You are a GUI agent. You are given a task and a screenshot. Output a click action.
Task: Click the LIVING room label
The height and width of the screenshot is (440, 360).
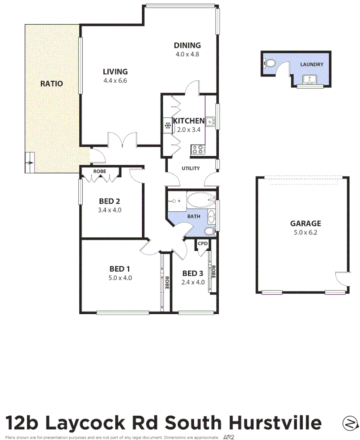115,72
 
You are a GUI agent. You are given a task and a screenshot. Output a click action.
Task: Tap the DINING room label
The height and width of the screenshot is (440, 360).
187,45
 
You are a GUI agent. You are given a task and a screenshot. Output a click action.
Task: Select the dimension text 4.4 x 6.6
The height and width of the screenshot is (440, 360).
115,81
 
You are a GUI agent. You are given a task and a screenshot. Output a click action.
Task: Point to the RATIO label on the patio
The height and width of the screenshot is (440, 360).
51,83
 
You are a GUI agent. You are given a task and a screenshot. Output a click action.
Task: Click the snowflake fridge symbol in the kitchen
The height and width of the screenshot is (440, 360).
167,126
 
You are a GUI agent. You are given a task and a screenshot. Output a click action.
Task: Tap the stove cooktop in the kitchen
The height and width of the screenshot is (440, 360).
198,150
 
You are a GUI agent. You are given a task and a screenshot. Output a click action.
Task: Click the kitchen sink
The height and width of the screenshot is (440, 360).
211,121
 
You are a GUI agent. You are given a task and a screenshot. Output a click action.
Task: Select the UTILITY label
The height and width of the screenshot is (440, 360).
191,168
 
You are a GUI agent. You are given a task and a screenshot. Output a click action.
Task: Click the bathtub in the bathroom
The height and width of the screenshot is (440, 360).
200,200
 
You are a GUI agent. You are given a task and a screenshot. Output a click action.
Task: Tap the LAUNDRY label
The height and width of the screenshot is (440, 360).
312,64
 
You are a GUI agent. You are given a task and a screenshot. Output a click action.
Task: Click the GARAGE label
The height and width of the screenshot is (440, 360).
305,223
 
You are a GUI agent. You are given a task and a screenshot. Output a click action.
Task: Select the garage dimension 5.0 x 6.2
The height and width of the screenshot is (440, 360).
305,232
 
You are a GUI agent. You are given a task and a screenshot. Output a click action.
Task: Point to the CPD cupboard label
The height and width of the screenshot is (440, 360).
203,244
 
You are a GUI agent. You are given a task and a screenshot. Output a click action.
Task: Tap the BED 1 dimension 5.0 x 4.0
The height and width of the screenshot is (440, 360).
120,278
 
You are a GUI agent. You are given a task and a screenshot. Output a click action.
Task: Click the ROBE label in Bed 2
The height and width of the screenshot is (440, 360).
99,171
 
